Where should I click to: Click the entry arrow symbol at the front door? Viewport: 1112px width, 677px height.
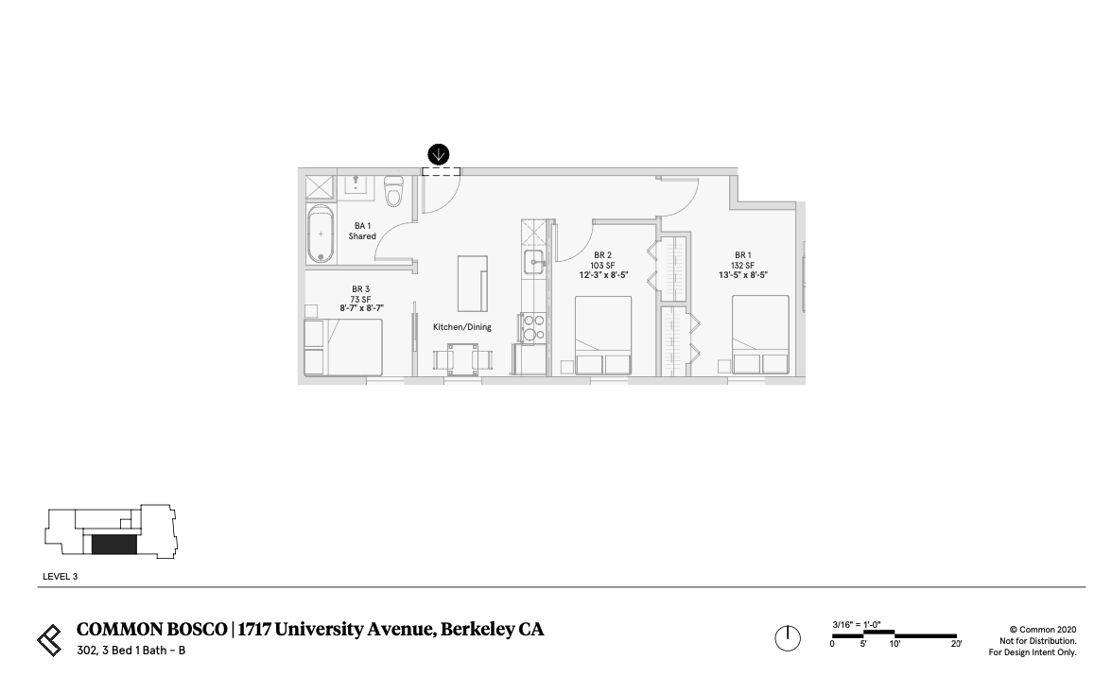click(x=439, y=154)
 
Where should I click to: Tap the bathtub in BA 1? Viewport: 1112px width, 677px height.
click(x=321, y=233)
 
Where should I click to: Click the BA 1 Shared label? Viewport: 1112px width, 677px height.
click(x=362, y=231)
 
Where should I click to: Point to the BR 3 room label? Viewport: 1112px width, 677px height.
click(x=360, y=289)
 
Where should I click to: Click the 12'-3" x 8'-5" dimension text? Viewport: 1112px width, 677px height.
click(x=603, y=276)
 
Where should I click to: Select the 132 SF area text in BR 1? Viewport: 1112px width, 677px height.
click(x=742, y=266)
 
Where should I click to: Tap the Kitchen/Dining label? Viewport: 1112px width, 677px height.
click(x=462, y=327)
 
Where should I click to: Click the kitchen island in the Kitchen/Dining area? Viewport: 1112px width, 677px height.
click(x=472, y=283)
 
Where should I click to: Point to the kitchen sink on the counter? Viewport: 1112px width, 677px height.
click(x=534, y=264)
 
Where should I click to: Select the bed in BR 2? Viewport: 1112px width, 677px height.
click(x=603, y=336)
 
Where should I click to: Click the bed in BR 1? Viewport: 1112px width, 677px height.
click(x=761, y=336)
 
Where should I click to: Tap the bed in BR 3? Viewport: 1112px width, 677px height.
click(x=343, y=347)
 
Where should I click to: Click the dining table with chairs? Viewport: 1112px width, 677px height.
click(x=462, y=358)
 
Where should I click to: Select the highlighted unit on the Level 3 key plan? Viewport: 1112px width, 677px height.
click(x=113, y=545)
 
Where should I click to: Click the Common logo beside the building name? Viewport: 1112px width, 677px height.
click(x=49, y=639)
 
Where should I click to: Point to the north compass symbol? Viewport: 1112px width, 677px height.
click(x=788, y=639)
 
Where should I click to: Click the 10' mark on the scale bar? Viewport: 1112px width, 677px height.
click(x=895, y=643)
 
